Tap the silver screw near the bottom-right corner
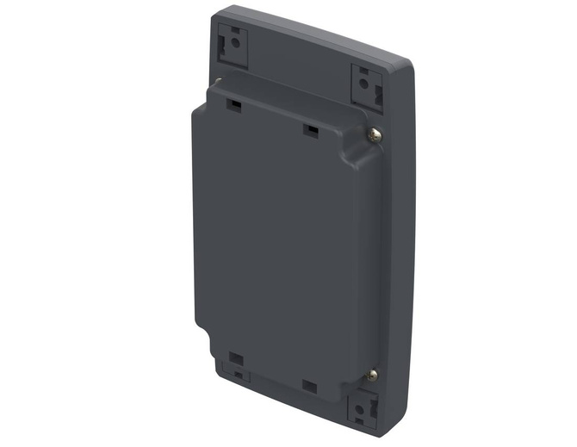[371, 374]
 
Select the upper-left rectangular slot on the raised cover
[233, 104]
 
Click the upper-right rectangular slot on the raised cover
[310, 130]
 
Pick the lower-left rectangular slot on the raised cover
[236, 358]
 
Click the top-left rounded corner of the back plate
[217, 12]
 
